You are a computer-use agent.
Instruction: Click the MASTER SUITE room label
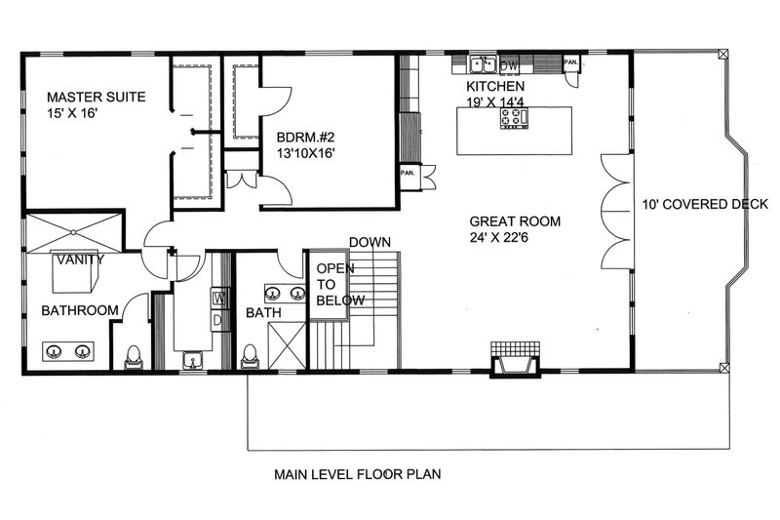[x=97, y=97]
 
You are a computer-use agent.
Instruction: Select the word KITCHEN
[x=497, y=87]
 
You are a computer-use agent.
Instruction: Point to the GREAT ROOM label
[x=514, y=221]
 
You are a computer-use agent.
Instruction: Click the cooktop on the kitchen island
[x=513, y=119]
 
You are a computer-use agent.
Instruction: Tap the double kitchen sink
[x=482, y=65]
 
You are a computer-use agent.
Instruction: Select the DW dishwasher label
[x=508, y=65]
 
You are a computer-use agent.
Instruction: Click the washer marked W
[x=219, y=298]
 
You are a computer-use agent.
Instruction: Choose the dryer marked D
[x=219, y=319]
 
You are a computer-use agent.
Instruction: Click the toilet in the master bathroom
[x=134, y=357]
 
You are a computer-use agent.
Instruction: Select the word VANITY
[x=74, y=260]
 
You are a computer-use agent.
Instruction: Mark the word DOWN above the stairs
[x=370, y=242]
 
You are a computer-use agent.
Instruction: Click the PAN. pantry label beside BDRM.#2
[x=408, y=173]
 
